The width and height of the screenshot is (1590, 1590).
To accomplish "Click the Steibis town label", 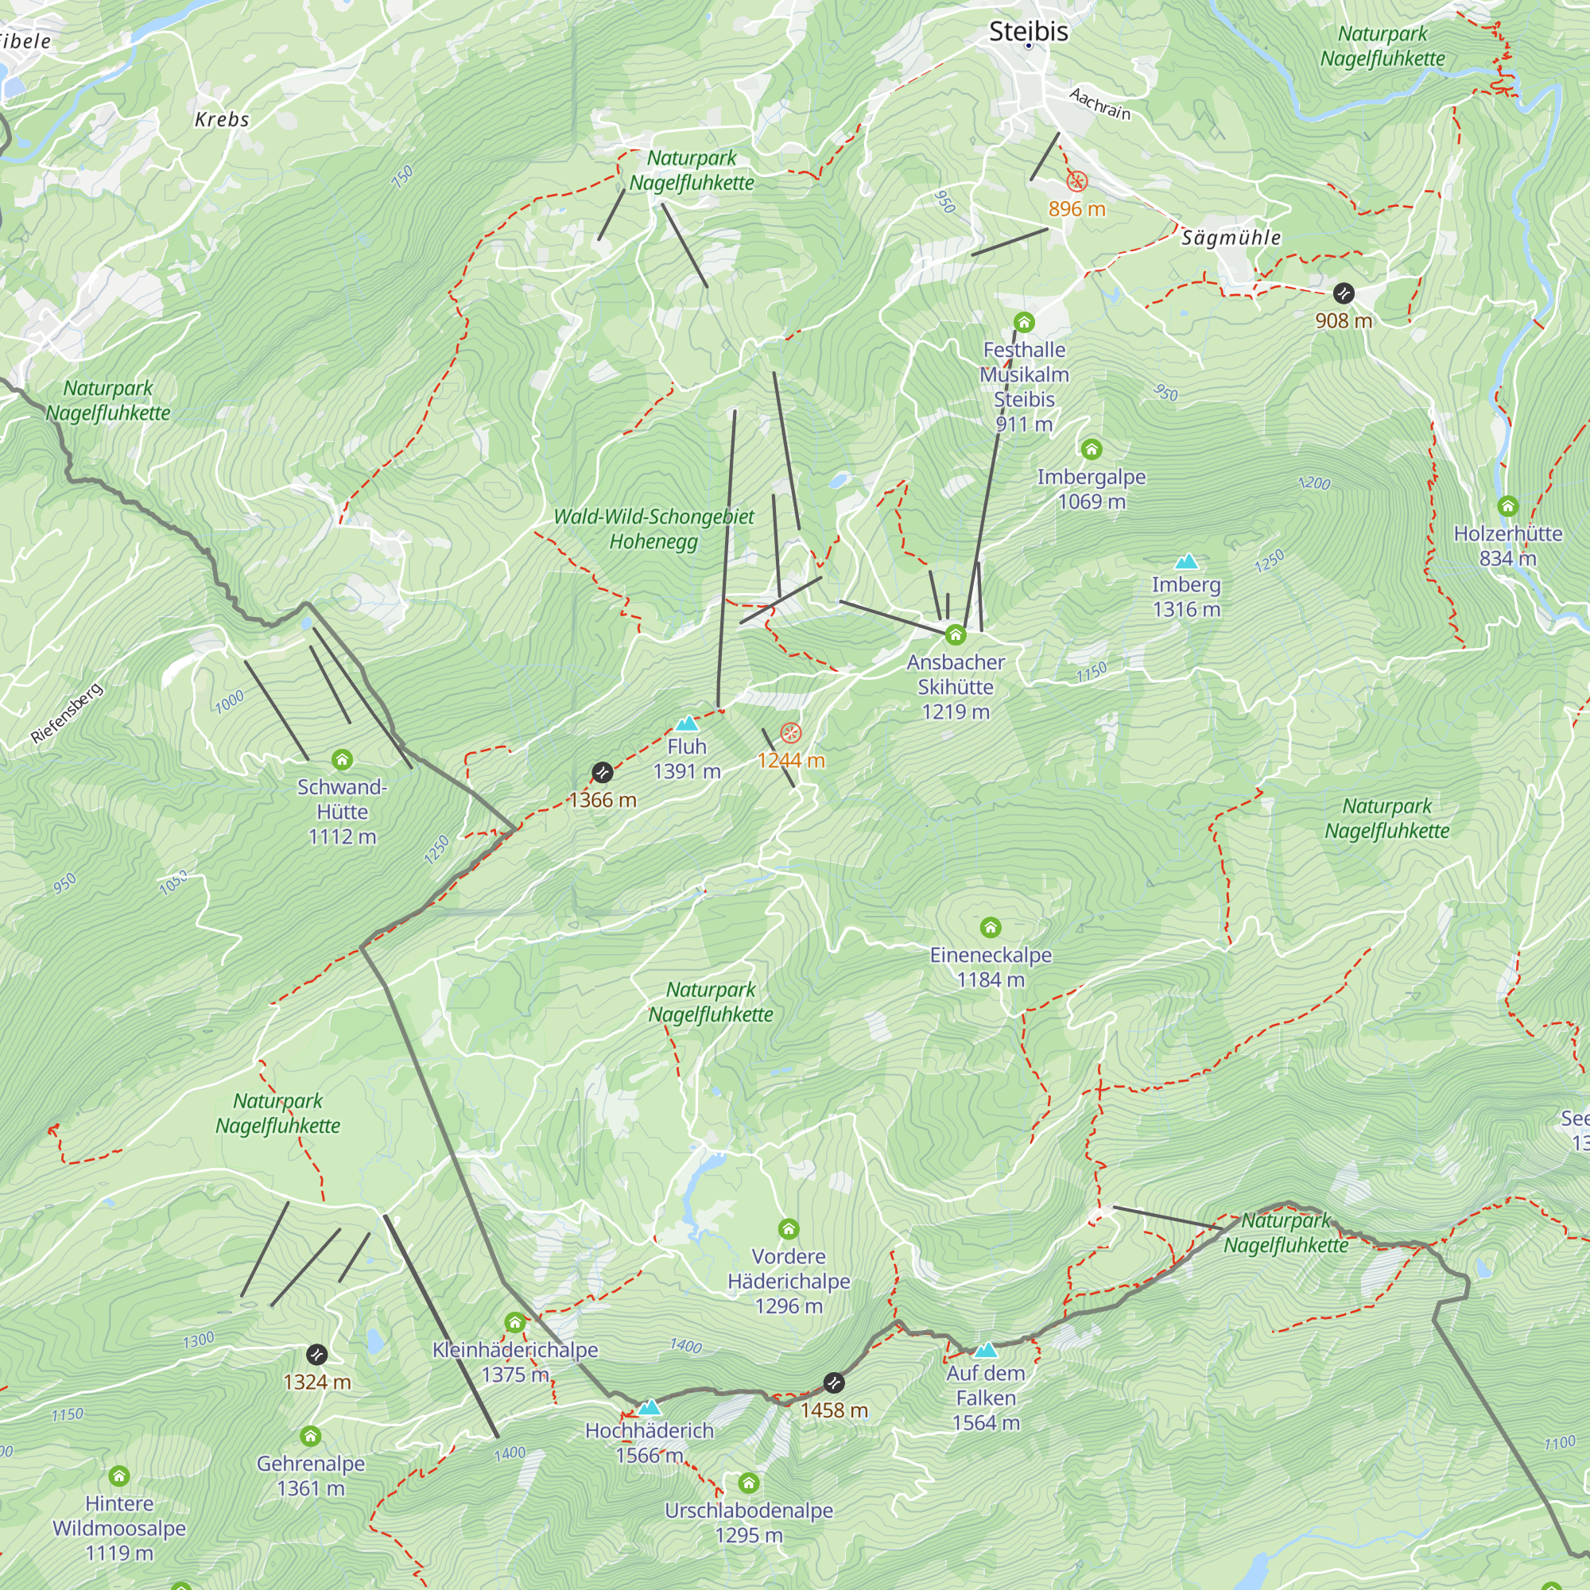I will [x=1028, y=31].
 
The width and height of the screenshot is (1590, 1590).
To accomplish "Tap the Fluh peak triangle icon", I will [x=686, y=724].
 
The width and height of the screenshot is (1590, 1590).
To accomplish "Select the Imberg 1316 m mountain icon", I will [x=1186, y=562].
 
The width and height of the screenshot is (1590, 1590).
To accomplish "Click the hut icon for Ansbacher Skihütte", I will [x=956, y=634].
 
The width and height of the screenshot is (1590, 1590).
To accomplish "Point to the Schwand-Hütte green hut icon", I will [x=343, y=759].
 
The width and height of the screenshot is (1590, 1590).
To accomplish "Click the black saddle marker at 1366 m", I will [x=603, y=772].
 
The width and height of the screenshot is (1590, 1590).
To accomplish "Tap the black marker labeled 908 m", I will [x=1343, y=293].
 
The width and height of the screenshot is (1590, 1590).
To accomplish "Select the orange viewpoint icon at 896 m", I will [x=1076, y=182].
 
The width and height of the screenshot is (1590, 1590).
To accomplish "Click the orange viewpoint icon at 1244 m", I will [x=790, y=732].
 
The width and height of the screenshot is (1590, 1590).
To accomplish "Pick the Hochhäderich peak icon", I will [x=650, y=1406].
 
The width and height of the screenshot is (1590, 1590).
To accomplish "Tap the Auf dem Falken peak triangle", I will [x=986, y=1350].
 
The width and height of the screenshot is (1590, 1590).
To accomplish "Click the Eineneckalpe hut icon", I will [x=991, y=929].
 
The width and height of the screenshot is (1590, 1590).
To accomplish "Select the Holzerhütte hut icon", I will [x=1507, y=506].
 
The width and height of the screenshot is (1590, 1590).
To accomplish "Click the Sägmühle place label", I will [x=1231, y=238].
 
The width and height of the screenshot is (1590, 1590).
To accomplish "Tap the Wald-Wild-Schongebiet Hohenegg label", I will [x=653, y=529].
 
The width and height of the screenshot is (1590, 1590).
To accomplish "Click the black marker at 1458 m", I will [x=834, y=1383].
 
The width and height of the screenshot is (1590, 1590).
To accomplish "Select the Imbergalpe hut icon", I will [x=1092, y=449].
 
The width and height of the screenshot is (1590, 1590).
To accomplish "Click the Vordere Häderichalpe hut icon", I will [x=789, y=1230].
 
